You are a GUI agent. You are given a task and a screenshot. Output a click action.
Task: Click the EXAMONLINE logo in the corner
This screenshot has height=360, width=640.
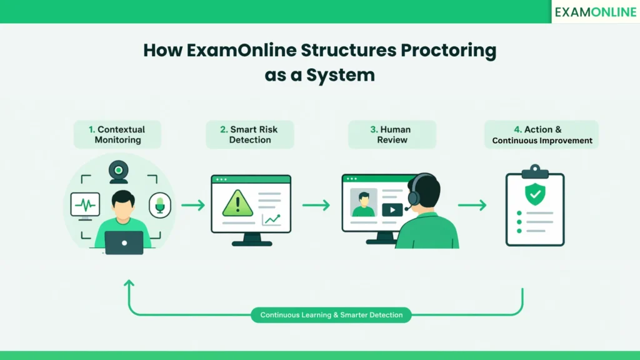coord(595,12)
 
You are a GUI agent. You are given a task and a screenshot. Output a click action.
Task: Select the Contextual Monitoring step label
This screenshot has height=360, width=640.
coord(117,134)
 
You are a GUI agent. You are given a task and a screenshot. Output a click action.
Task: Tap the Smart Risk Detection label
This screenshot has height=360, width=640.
coord(250,134)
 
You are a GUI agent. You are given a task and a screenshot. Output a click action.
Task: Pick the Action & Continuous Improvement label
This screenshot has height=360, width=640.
coord(542,134)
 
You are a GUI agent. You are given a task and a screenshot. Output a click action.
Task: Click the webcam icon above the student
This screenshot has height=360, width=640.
coord(118,171)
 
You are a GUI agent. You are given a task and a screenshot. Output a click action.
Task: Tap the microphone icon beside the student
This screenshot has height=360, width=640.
coord(160,205)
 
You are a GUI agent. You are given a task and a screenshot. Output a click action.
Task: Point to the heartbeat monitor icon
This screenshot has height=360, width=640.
coord(85,205)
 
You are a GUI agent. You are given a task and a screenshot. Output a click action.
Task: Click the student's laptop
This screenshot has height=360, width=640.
coord(124,242)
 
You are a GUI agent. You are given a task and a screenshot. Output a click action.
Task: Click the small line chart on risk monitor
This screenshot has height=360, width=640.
coord(272,219)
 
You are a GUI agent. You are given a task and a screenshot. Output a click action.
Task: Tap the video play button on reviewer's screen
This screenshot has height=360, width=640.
coord(392,210)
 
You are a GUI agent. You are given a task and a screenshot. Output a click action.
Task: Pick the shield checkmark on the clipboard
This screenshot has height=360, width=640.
coord(534,195)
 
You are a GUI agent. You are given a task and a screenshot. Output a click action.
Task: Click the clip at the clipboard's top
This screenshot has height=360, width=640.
coord(534,171)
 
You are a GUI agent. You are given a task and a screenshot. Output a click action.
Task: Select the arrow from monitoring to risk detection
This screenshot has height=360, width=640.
coord(193,205)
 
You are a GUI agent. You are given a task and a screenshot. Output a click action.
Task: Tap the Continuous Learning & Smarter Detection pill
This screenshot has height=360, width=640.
coord(331,315)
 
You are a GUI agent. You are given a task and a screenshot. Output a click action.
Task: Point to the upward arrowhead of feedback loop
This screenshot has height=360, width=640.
coord(129,284)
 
